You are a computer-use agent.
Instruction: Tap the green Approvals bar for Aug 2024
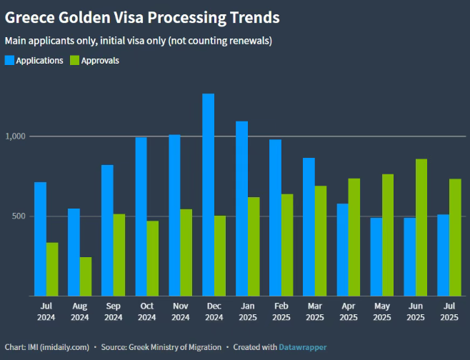coord(86,276)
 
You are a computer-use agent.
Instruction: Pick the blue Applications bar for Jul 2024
coord(40,239)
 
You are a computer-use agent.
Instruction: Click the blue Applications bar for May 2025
coord(376,256)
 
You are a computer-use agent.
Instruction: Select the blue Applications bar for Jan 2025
coord(241,208)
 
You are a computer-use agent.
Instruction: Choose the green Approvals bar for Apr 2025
coord(354,236)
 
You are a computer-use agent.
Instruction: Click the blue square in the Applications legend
coord(9,61)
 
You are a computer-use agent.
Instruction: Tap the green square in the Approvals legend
coord(74,61)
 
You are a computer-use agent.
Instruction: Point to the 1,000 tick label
coord(15,136)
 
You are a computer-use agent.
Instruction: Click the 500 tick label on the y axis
coord(18,216)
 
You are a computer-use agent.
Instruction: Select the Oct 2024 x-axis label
coord(146,311)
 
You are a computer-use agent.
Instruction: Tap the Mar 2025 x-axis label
coord(314,311)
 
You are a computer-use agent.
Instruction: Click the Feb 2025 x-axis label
coord(281,311)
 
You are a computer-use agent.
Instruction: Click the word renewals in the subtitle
coord(251,41)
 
